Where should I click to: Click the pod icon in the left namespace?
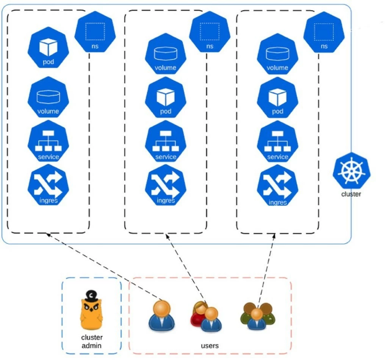(x=48, y=49)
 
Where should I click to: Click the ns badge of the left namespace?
(x=95, y=32)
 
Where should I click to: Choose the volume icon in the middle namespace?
(x=166, y=55)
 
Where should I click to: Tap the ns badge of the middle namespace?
(x=210, y=32)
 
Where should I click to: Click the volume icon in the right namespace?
(x=278, y=55)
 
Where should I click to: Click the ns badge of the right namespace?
(x=324, y=32)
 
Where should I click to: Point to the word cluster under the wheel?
(x=351, y=194)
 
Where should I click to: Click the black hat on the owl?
(x=91, y=295)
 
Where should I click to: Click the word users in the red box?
(x=210, y=346)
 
